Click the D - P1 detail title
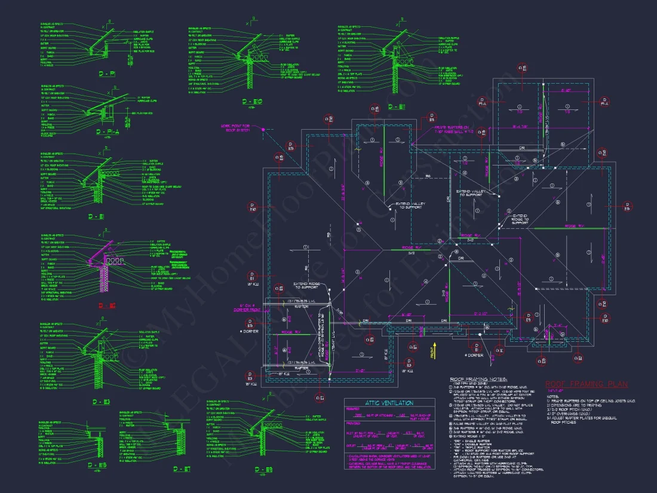[x=108, y=73]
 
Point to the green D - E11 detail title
[x=395, y=106]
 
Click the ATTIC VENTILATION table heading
[x=389, y=403]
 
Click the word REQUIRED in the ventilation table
[x=355, y=411]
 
